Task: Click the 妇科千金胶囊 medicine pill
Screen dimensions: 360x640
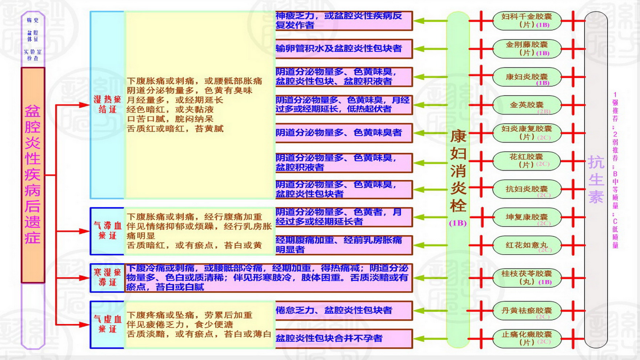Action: tap(526, 21)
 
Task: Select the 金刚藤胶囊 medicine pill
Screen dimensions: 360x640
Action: tap(526, 49)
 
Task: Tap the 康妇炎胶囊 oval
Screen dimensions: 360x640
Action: tap(526, 77)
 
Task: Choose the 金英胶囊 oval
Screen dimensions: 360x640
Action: tap(526, 105)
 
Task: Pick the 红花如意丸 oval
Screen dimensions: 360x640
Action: tap(526, 245)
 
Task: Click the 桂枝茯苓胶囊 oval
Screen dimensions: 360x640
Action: tap(526, 277)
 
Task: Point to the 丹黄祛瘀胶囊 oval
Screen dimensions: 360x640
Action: tap(526, 311)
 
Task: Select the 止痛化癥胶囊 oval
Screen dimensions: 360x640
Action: tap(526, 338)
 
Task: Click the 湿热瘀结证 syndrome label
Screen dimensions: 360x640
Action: tap(107, 104)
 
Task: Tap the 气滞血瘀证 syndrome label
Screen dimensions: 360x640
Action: tap(107, 231)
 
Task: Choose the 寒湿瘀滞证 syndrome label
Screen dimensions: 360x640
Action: tap(107, 277)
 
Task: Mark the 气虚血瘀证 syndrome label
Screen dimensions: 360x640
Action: tap(107, 324)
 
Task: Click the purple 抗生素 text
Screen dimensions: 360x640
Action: tap(596, 179)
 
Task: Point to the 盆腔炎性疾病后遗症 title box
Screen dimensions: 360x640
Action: tap(33, 175)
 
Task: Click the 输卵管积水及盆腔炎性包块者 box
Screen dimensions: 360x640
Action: tap(344, 49)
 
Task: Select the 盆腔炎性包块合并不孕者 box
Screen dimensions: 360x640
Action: tap(344, 338)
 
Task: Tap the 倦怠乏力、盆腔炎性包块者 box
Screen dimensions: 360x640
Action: tap(344, 311)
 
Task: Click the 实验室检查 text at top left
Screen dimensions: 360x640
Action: tap(33, 55)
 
